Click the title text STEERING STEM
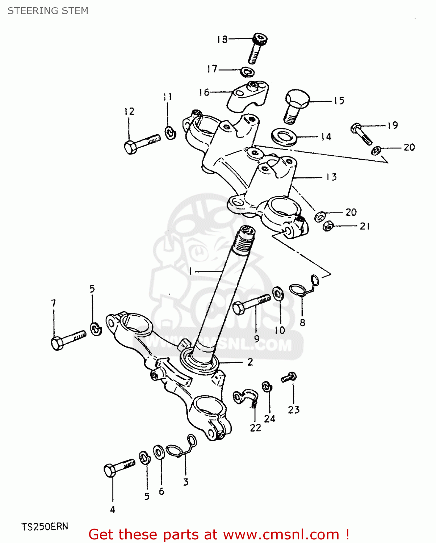click(48, 11)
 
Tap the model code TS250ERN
click(45, 526)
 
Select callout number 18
click(222, 39)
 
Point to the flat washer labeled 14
click(284, 137)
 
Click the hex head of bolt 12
click(130, 147)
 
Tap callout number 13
click(331, 177)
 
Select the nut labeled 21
click(328, 226)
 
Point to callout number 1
click(190, 271)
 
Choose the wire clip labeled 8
click(303, 288)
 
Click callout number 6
click(162, 491)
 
